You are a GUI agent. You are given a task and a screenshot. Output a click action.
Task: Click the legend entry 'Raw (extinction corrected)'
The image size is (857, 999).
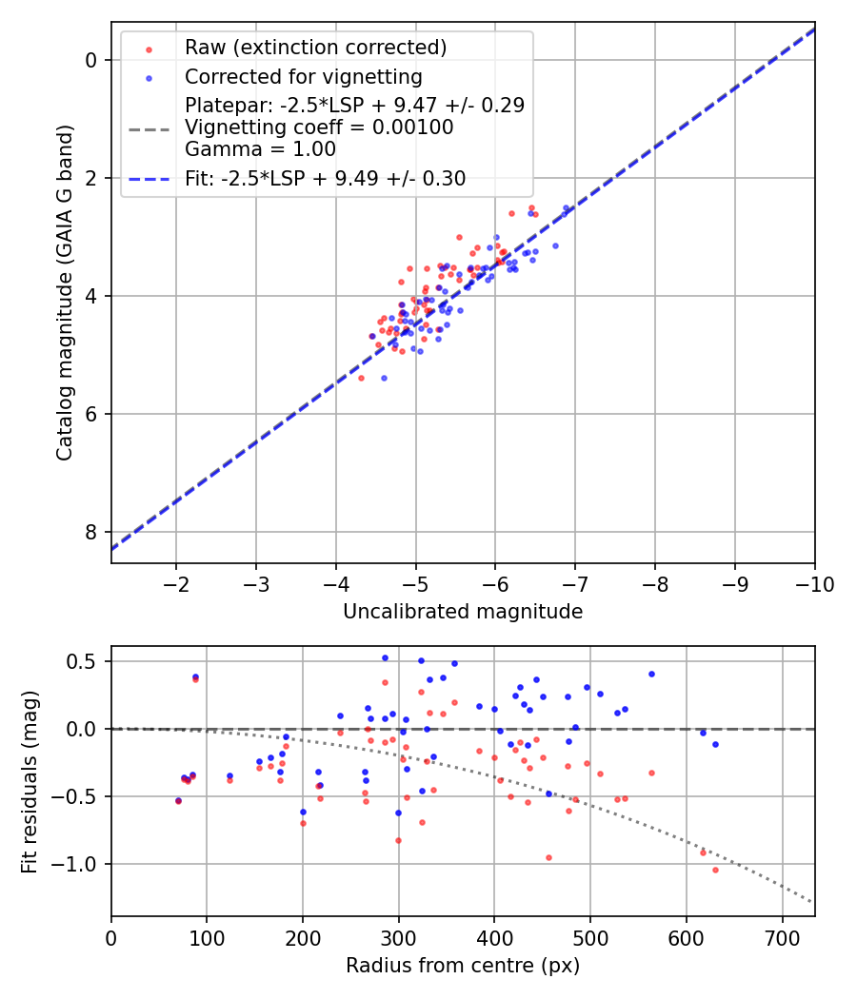click(x=315, y=48)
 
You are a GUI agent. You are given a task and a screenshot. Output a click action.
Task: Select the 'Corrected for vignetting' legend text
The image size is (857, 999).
click(x=303, y=76)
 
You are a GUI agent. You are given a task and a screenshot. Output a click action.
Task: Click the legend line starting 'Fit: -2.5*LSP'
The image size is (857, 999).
click(x=325, y=178)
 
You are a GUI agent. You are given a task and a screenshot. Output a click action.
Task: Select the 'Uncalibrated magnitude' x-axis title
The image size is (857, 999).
click(x=463, y=612)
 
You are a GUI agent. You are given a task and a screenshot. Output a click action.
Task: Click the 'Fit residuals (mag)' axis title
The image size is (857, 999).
click(x=30, y=781)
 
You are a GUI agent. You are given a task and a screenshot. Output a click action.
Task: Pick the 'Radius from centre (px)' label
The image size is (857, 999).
click(x=463, y=966)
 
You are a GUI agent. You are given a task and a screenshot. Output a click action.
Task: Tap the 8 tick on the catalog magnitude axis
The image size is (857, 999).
click(x=92, y=532)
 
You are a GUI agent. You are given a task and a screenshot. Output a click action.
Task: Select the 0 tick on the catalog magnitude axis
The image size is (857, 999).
click(x=92, y=60)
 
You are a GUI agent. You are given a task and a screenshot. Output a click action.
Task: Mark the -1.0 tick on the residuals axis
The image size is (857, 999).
click(x=81, y=864)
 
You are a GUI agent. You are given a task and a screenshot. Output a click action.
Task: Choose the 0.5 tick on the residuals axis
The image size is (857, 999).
click(x=88, y=661)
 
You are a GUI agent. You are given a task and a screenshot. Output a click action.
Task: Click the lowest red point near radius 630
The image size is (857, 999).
click(x=715, y=870)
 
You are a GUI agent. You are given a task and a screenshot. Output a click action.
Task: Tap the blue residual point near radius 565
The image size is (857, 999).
click(x=651, y=674)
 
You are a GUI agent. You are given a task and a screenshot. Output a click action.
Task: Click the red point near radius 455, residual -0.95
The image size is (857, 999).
click(x=548, y=857)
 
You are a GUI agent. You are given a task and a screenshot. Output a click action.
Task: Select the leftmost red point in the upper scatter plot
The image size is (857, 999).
click(x=361, y=378)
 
